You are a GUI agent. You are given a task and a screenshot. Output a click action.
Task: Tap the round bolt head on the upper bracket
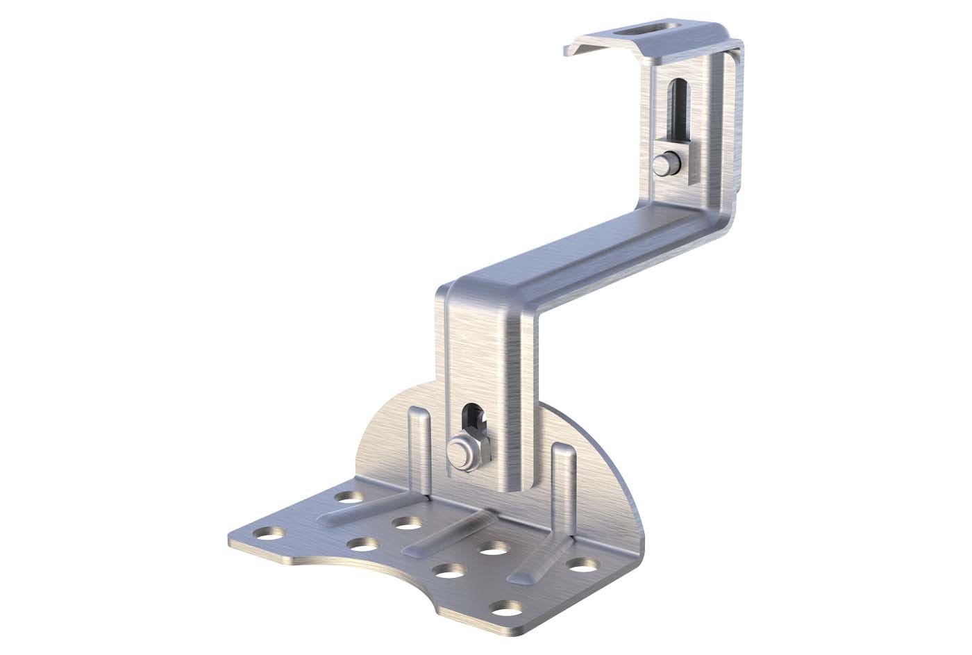tap(663, 164)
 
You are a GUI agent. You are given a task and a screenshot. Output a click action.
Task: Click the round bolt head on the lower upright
tap(460, 451)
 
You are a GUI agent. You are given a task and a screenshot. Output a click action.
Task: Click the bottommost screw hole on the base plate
tap(501, 608)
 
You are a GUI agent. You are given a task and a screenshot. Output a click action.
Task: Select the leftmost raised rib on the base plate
tap(367, 510)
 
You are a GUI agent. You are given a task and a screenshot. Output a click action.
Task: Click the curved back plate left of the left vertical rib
tap(385, 445)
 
